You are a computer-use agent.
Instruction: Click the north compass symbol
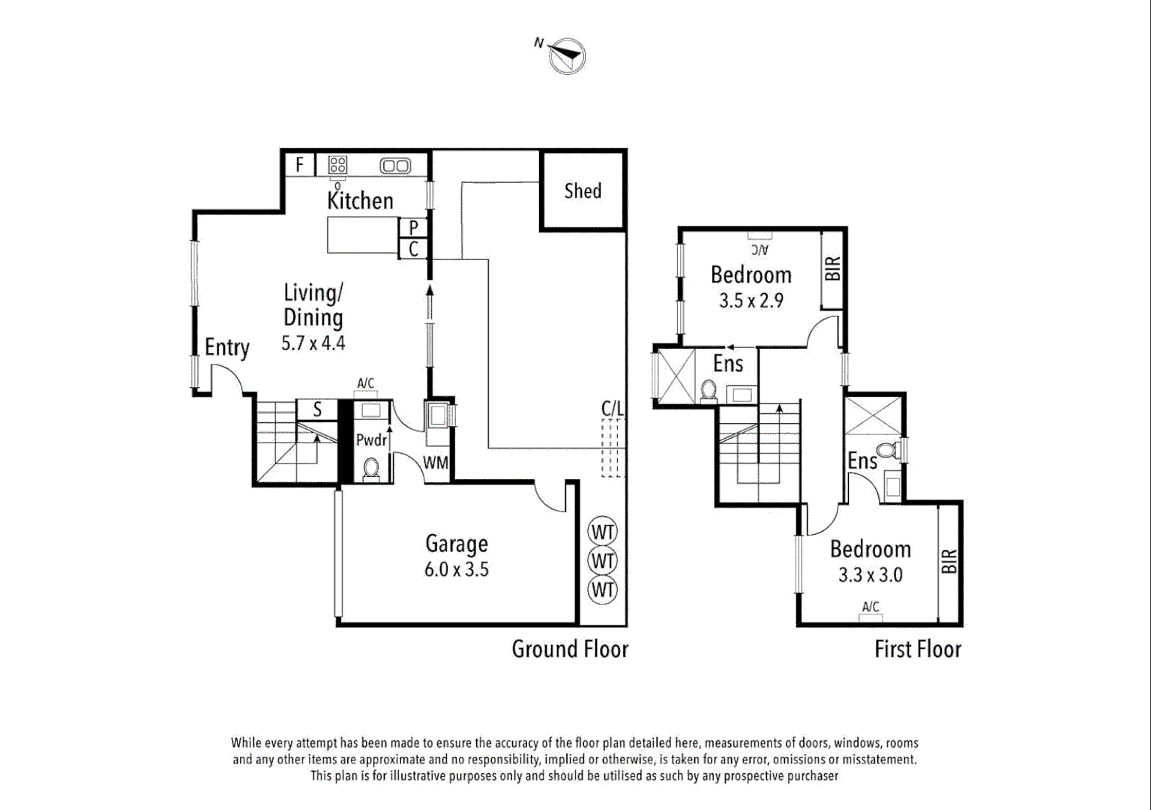click(567, 55)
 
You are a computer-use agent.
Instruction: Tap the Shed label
click(583, 191)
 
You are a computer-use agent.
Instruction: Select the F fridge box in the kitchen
click(299, 164)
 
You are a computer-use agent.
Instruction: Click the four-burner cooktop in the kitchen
click(337, 165)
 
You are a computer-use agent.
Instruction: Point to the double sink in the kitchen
click(394, 166)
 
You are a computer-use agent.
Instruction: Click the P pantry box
click(413, 227)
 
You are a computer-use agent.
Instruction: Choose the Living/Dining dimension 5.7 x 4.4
click(313, 343)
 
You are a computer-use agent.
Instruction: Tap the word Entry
click(226, 348)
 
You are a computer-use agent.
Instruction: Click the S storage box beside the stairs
click(317, 409)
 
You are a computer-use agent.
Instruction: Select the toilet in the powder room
click(370, 469)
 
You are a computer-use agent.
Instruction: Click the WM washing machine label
click(436, 463)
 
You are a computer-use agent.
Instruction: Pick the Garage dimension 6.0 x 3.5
click(456, 569)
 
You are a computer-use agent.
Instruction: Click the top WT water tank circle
click(603, 532)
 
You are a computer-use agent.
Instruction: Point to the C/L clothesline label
click(612, 409)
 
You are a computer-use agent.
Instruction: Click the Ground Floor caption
click(570, 649)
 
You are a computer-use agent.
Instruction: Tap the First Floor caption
click(917, 649)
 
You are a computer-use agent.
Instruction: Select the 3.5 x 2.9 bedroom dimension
click(751, 301)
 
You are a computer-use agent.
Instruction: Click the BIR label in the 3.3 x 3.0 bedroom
click(949, 561)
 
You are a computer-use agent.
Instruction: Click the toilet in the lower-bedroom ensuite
click(888, 451)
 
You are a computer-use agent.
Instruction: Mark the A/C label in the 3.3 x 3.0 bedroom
click(870, 607)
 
